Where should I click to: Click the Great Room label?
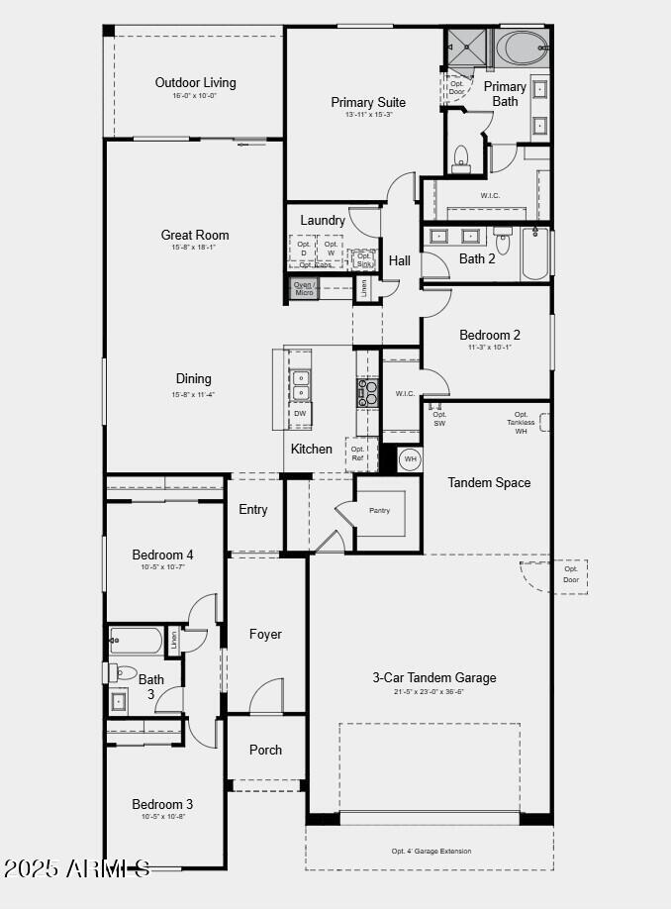[195, 235]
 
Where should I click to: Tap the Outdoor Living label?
[195, 82]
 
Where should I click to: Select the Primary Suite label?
[368, 102]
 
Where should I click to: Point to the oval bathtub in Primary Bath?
[521, 48]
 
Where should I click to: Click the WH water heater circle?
[410, 459]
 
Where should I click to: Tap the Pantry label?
[380, 510]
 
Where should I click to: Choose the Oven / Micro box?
[304, 288]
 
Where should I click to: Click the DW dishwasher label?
[300, 413]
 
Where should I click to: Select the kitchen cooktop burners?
[367, 393]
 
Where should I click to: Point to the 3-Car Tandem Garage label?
[434, 677]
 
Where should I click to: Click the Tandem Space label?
[489, 482]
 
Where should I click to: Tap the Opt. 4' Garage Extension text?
[431, 852]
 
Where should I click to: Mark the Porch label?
[265, 750]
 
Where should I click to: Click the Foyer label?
[265, 634]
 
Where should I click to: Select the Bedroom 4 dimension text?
[163, 567]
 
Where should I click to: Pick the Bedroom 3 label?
[162, 804]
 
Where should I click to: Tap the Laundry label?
[323, 220]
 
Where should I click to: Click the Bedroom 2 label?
[489, 335]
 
